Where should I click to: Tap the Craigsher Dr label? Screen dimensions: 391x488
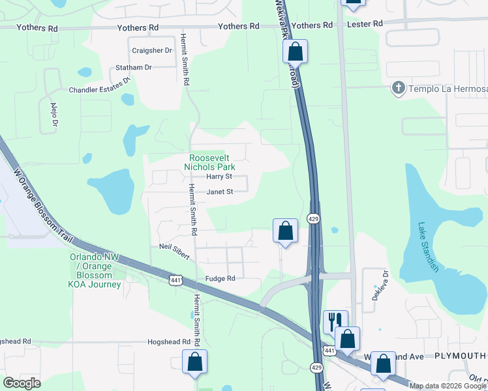click(151, 50)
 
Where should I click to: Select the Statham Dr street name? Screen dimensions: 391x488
click(133, 67)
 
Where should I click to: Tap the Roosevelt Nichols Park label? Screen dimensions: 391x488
click(209, 162)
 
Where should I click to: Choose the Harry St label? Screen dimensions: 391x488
click(219, 177)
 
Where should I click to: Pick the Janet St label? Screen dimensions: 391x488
click(220, 192)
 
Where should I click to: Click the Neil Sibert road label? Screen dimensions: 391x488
click(174, 251)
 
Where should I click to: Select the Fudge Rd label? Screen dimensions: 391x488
click(220, 278)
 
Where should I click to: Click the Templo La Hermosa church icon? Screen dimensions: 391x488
click(398, 88)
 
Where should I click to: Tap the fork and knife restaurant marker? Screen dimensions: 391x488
click(334, 321)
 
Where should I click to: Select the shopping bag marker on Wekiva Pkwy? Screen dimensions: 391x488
click(295, 51)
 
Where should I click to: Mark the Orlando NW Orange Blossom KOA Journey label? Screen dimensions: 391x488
click(95, 270)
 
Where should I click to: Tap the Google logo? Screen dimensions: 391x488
click(22, 383)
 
